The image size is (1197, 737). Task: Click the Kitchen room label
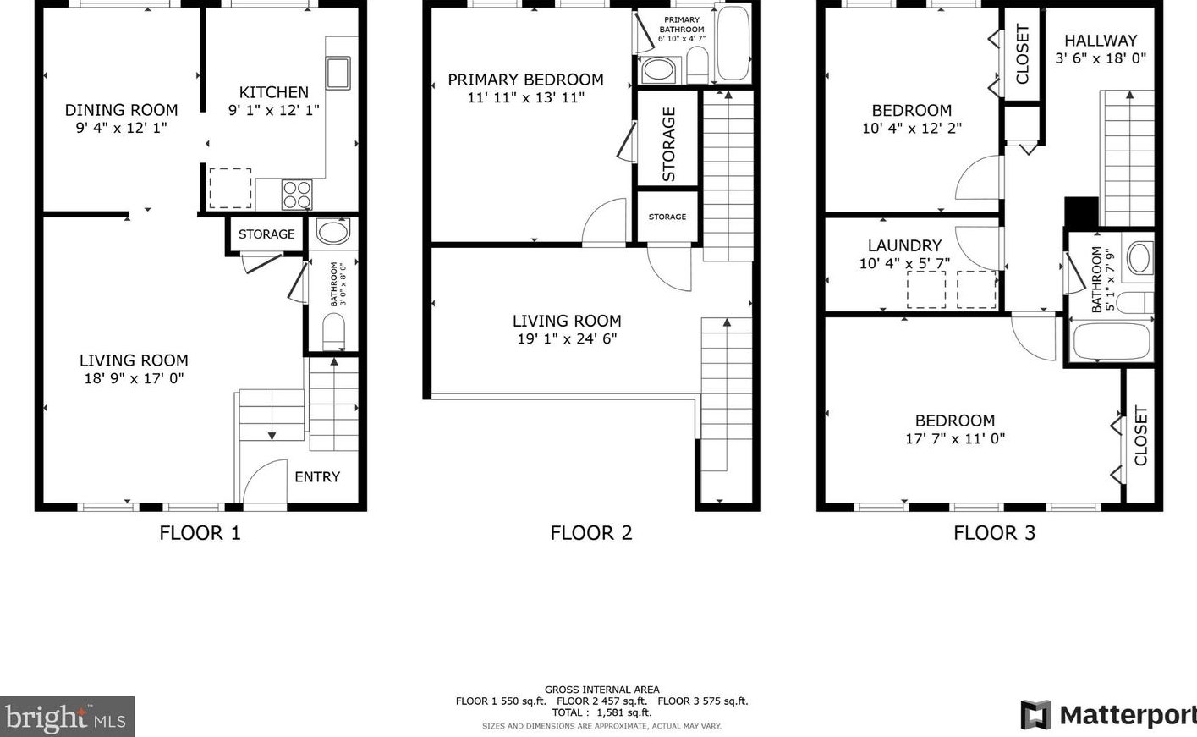pos(273,92)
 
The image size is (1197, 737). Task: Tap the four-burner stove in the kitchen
pos(297,195)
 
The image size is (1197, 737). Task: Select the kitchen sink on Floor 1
pos(338,73)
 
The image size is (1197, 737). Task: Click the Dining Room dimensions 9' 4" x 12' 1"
pos(121,128)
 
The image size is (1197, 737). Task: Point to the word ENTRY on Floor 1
pos(317,477)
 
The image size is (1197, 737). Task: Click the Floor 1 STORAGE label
pos(266,234)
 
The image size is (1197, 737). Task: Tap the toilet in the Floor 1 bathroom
pos(334,332)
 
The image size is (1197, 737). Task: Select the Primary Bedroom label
pos(525,80)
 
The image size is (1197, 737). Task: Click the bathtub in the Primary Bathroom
pos(733,44)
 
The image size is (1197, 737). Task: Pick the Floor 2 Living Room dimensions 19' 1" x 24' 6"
pos(567,338)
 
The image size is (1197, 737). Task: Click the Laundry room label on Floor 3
pos(904,246)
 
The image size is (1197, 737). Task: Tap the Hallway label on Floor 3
pos(1101,41)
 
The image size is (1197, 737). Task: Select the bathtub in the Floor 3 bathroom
pos(1111,341)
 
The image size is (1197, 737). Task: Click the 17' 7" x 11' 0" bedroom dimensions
pos(955,438)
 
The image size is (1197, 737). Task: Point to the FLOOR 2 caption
pos(591,533)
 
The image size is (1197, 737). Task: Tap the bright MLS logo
pos(66,718)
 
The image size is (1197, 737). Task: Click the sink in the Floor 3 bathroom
pos(1139,258)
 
